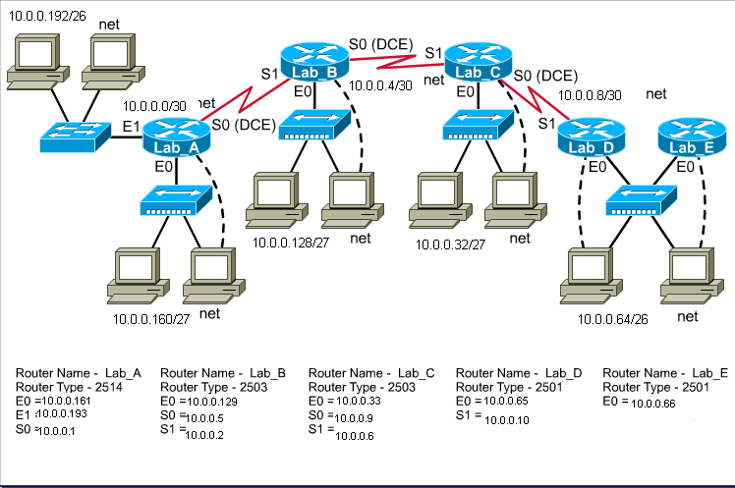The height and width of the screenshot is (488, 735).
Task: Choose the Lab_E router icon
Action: click(x=691, y=141)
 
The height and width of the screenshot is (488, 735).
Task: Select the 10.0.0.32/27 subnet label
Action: click(x=450, y=244)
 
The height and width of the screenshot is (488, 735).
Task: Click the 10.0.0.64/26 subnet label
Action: click(x=613, y=320)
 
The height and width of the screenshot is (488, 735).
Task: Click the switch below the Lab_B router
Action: click(x=314, y=124)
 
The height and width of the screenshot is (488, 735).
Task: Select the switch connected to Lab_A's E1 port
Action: click(x=75, y=136)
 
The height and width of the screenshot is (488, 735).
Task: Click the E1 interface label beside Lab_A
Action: click(x=130, y=128)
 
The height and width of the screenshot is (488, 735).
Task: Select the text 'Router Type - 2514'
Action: click(x=64, y=387)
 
